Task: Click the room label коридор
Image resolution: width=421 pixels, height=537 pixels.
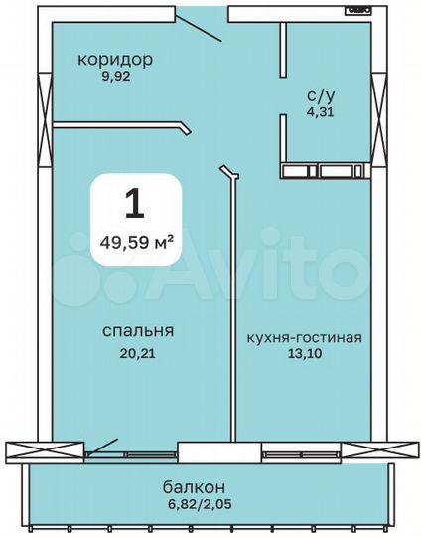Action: coord(115,59)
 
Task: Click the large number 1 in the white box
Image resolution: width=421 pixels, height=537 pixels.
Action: coord(135,203)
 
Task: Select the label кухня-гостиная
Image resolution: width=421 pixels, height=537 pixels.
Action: coord(304,337)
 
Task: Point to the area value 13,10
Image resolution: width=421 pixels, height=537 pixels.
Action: coord(303,354)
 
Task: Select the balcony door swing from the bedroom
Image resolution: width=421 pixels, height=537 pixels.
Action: coord(102,448)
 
